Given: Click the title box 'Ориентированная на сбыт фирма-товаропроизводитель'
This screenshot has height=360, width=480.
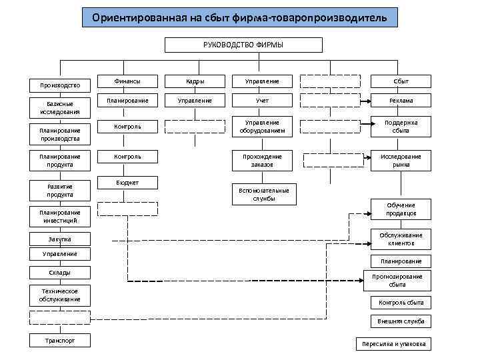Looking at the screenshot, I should pyautogui.click(x=239, y=17).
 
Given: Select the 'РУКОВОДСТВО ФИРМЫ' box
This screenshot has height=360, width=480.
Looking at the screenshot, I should pyautogui.click(x=243, y=45).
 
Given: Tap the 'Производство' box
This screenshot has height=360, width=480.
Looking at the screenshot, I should pyautogui.click(x=60, y=85).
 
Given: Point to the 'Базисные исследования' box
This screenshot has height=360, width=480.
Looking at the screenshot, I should pyautogui.click(x=60, y=107).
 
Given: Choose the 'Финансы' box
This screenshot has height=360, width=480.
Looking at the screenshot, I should pyautogui.click(x=128, y=81).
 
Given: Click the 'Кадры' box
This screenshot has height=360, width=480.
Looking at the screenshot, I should pyautogui.click(x=195, y=81).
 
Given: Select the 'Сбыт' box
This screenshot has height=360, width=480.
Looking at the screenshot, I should pyautogui.click(x=401, y=81).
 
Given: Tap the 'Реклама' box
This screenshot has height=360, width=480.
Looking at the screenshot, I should pyautogui.click(x=401, y=101).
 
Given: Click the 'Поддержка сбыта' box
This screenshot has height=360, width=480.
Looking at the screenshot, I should pyautogui.click(x=401, y=127).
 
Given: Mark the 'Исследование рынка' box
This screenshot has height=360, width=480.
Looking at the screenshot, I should pyautogui.click(x=401, y=160).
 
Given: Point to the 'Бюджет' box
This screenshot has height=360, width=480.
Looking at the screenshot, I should pyautogui.click(x=128, y=183).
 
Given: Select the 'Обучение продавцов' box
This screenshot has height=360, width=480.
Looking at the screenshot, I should pyautogui.click(x=401, y=209).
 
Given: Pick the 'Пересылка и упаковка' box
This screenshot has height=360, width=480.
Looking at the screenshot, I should pyautogui.click(x=393, y=345).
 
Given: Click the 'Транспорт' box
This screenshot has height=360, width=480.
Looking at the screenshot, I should pyautogui.click(x=60, y=340).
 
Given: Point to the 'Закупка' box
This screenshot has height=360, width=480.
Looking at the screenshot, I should pyautogui.click(x=60, y=239).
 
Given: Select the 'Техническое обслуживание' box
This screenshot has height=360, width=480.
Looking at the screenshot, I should pyautogui.click(x=60, y=295).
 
